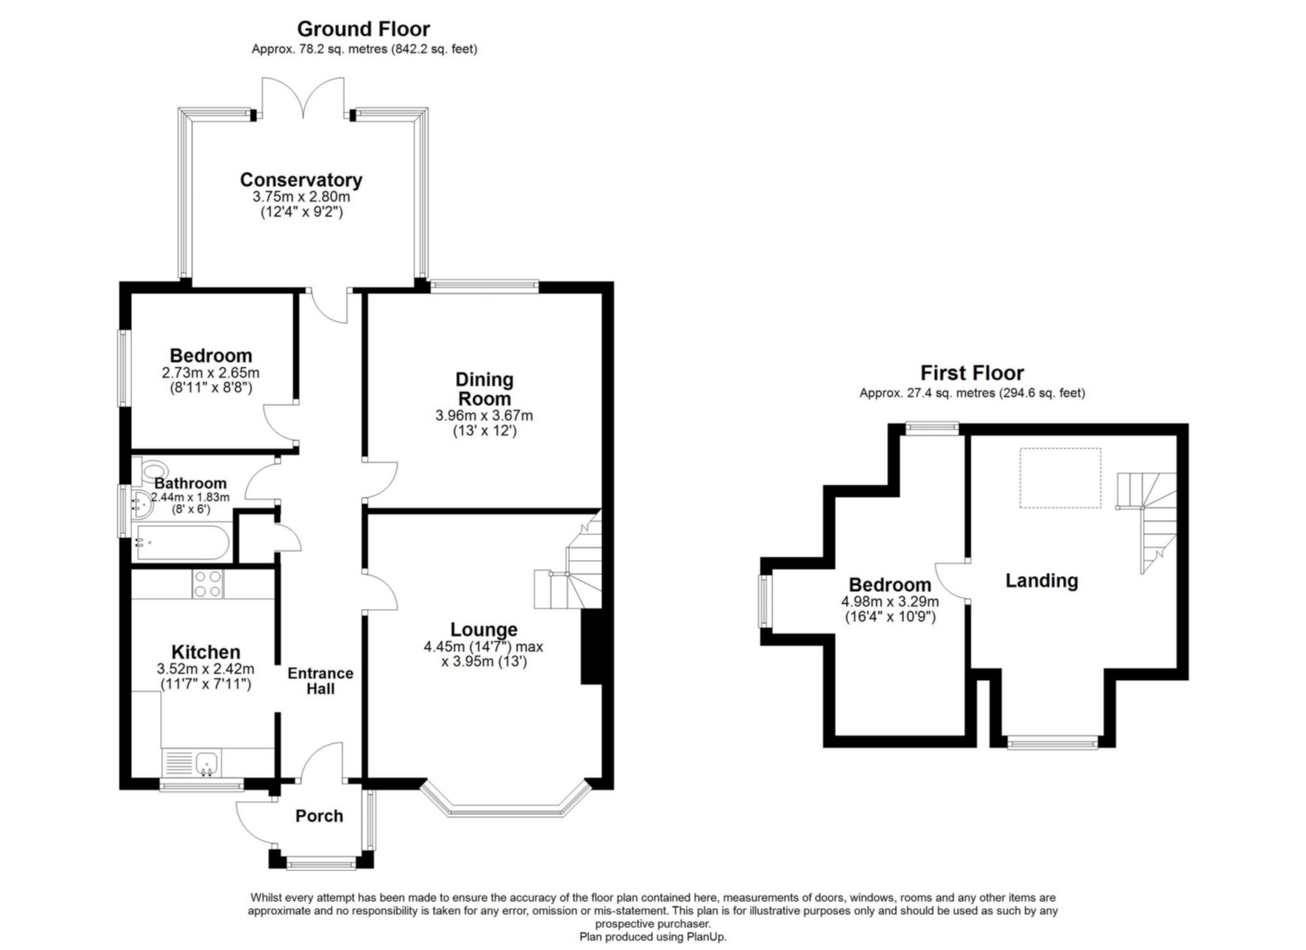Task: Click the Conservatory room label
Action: coord(301,179)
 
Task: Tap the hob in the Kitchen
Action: coord(208,584)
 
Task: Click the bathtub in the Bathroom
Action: coord(182,543)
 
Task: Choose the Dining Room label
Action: coord(484,388)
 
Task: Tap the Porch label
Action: coord(319,816)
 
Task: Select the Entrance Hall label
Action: coord(320,681)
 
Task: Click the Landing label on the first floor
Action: coord(1041,580)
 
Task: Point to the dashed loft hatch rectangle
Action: coord(1060,478)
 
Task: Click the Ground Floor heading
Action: coord(363,29)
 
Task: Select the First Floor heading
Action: coord(971,373)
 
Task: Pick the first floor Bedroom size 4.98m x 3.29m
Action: coord(889,602)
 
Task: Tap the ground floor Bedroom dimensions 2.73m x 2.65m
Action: coord(210,373)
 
